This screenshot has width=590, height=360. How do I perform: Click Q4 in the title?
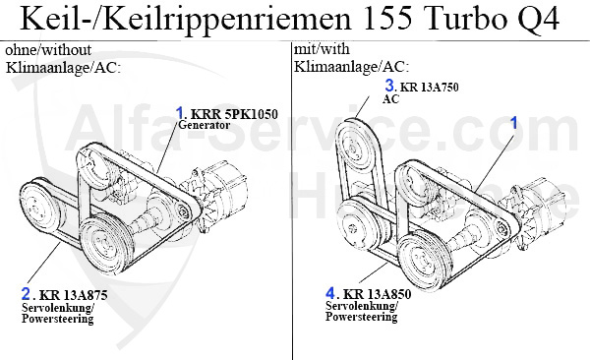[x=539, y=20]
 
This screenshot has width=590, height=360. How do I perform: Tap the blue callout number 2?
[x=26, y=292]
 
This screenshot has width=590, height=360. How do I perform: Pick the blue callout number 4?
[x=331, y=292]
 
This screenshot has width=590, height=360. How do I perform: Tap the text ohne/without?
[x=46, y=49]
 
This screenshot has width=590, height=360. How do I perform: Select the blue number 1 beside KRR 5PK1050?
[x=180, y=113]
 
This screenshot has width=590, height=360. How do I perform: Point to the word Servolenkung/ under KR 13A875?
[x=56, y=307]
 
